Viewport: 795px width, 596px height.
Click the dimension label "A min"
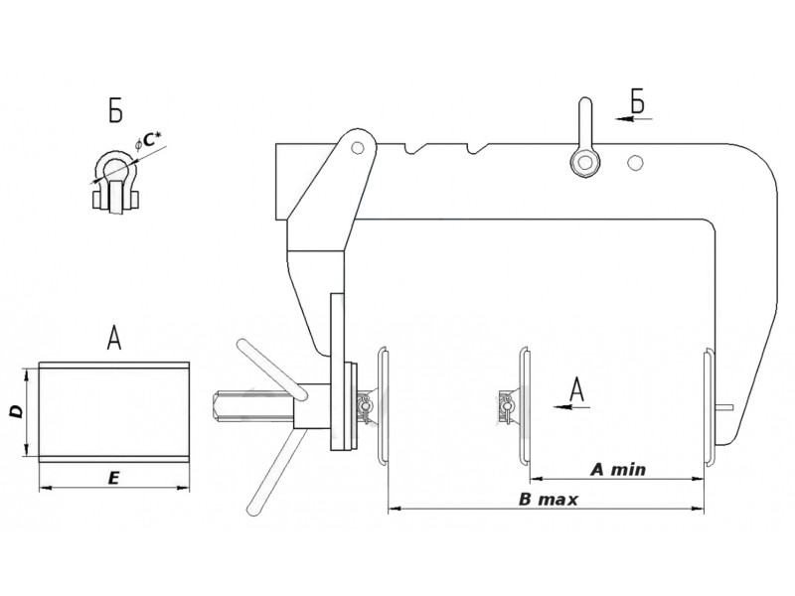[618, 470]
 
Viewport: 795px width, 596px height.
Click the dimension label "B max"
[549, 500]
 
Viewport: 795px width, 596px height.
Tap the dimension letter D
[18, 411]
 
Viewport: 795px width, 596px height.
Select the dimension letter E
[113, 478]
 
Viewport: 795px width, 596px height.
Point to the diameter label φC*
[147, 141]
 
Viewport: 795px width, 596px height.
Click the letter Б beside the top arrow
[637, 101]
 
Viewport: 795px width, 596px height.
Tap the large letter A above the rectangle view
[114, 338]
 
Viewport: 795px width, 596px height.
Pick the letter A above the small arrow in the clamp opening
[577, 389]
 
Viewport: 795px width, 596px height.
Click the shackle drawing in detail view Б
[116, 182]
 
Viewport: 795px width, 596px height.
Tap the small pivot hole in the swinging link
[358, 148]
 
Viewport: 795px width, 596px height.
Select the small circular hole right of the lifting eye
[634, 163]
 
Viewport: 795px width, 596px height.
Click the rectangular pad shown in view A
[114, 412]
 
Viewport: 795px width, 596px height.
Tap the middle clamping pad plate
[525, 406]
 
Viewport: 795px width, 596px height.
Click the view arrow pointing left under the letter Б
[633, 118]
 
